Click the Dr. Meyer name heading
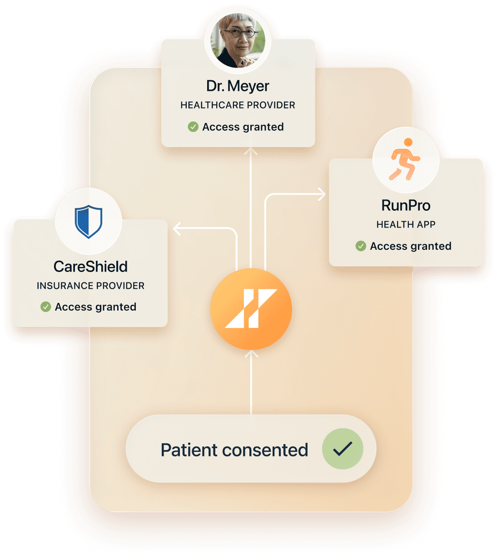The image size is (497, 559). pos(238,86)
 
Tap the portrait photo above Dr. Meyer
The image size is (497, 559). pos(238,40)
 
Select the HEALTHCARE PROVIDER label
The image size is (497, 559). pos(238,105)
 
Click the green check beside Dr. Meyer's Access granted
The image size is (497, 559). pos(193,127)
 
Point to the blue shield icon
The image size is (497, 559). pos(89,222)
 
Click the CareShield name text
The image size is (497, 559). pos(90,267)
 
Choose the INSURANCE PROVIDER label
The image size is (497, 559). pos(90,286)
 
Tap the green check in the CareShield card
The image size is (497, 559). pos(45,307)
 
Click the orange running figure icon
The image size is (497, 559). pos(405,160)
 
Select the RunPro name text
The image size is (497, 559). pos(406,205)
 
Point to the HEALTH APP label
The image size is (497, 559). pos(406,224)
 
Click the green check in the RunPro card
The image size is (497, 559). pos(361,246)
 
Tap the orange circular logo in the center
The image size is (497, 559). pos(251,309)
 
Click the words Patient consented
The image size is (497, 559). pos(234,450)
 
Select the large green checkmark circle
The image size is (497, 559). pos(343,449)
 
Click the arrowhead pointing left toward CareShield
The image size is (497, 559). pos(177,229)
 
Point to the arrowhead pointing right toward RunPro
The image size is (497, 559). pos(322,194)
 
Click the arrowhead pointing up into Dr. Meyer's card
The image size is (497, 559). pos(250,151)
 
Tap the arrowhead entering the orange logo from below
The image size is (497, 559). pos(251,353)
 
